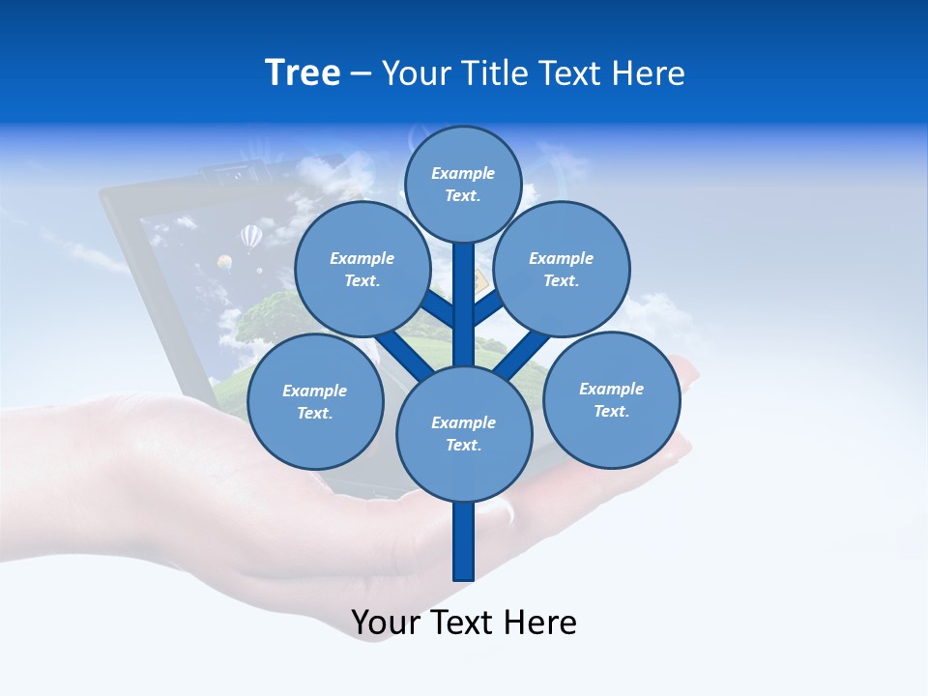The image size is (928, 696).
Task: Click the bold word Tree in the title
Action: (303, 72)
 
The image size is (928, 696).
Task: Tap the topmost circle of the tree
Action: (463, 184)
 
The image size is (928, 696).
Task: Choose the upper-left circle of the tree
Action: (362, 269)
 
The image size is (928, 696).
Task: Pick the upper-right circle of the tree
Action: (562, 269)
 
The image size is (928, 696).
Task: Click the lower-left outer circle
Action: (315, 401)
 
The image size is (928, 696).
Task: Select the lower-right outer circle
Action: (612, 399)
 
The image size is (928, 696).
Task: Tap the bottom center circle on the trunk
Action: (464, 433)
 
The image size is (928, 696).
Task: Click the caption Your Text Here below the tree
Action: (464, 623)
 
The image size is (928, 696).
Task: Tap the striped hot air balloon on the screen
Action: (251, 235)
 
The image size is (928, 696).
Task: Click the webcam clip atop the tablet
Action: (224, 173)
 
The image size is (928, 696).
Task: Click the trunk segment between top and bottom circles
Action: (464, 304)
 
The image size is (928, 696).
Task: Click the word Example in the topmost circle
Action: (463, 173)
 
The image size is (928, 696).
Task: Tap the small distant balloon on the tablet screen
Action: (224, 262)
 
